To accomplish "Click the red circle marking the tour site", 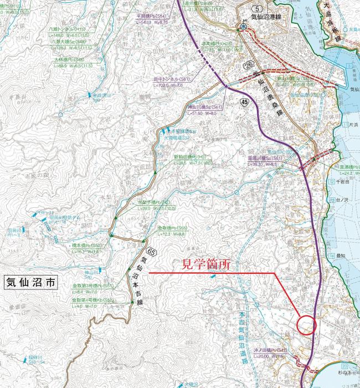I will point(306,324).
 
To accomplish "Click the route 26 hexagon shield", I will point(248,65).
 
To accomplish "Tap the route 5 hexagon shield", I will point(241,8).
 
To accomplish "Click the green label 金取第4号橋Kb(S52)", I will point(92,300).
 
